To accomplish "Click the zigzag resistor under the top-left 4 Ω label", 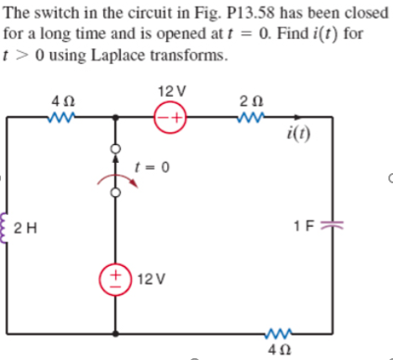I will pyautogui.click(x=61, y=118).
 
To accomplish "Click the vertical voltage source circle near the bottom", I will pyautogui.click(x=117, y=279).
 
